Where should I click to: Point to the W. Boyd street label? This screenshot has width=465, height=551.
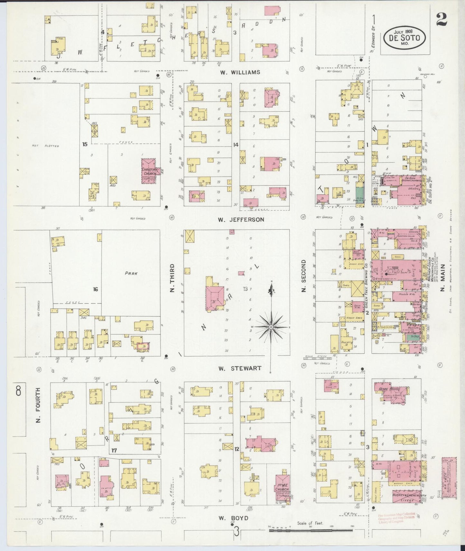point(234,518)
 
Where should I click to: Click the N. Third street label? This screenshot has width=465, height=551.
point(172,278)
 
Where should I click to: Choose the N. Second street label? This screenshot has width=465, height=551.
point(303,276)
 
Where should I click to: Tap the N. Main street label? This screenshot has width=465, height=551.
point(442,278)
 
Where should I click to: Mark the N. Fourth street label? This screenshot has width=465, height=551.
point(38,405)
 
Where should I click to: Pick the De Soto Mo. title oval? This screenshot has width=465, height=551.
point(404,38)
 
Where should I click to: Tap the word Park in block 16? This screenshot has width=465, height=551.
point(131,274)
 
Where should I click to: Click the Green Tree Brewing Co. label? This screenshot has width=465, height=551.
point(367,285)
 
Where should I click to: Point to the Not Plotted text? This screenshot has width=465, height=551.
point(45,146)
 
